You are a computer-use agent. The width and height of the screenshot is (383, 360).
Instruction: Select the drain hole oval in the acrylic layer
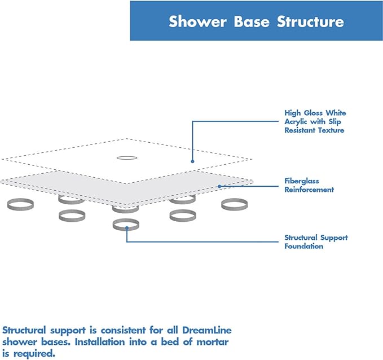point(126,157)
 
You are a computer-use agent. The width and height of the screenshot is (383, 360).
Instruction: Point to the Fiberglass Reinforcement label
point(309,185)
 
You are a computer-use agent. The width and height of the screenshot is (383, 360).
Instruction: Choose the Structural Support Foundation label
point(316,242)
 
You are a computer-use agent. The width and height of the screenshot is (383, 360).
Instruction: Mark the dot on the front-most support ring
point(126,228)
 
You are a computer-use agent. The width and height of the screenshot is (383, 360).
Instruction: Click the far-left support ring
point(19,204)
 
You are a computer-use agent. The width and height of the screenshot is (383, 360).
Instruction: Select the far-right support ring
point(233,204)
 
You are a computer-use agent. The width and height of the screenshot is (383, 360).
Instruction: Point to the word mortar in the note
point(213,342)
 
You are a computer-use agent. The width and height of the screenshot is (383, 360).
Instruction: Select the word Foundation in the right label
point(304,246)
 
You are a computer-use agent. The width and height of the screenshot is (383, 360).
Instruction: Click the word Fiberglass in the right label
point(302,181)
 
